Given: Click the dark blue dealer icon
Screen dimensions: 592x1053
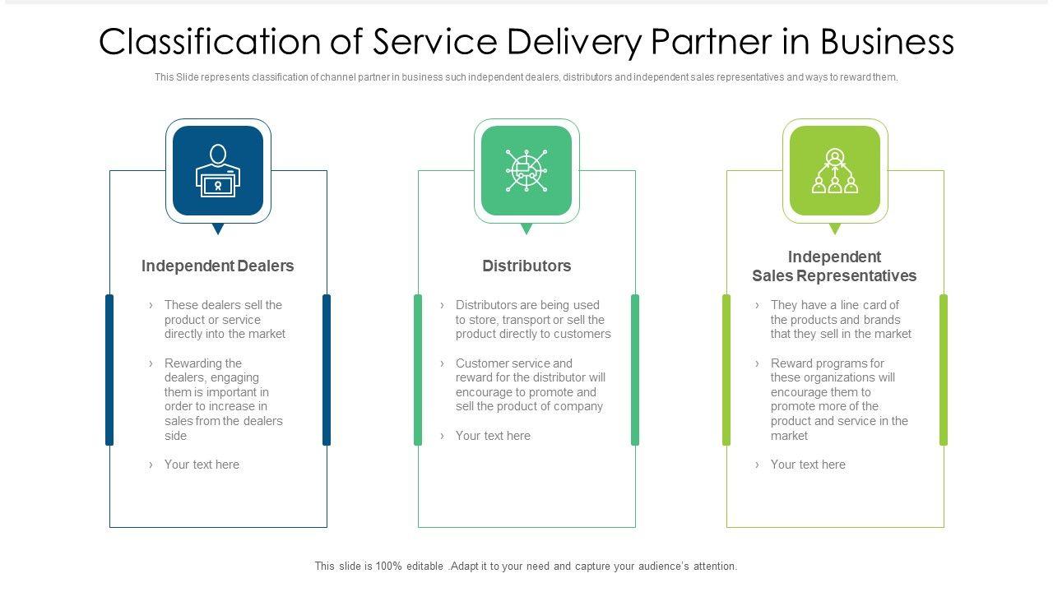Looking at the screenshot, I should pos(218,171).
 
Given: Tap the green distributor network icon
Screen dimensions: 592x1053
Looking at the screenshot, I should pos(526,171).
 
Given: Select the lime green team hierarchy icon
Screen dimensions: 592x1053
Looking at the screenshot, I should pos(835,171).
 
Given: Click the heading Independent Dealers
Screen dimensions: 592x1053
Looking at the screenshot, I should pos(217,266).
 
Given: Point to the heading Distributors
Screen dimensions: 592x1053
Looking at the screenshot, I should pos(526,266).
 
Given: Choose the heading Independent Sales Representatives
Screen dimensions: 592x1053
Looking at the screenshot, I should pos(834,266).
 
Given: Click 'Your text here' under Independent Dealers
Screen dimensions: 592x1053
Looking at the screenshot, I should pos(202,465).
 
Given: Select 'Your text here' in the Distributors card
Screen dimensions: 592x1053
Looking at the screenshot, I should pos(493,436).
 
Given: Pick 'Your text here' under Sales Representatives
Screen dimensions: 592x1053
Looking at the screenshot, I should pos(808,465).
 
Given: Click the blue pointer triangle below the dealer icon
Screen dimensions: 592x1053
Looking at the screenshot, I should pos(218,229).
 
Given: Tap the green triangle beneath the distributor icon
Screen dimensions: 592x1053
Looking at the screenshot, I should pos(526,229).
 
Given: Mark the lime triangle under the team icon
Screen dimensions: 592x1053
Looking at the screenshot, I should pos(835,229).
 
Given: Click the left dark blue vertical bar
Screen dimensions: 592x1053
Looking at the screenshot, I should pos(109,370).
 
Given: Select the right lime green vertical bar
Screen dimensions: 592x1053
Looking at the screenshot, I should pos(944,370).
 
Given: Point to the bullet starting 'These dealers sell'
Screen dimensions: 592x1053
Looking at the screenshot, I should pos(225,320).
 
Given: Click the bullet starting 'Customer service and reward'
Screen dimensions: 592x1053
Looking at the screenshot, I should pos(530,385).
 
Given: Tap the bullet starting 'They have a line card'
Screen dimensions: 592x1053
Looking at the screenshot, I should pos(841,320).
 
